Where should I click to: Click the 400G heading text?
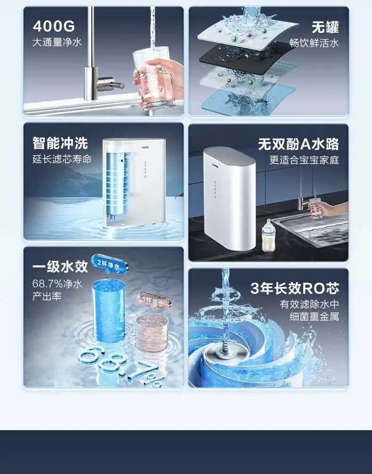click(53, 26)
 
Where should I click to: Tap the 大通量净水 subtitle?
click(57, 42)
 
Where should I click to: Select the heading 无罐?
click(325, 27)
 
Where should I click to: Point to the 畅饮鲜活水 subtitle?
click(314, 43)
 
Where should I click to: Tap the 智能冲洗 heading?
click(60, 143)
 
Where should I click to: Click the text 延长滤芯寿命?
click(62, 159)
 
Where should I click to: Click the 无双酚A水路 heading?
click(298, 144)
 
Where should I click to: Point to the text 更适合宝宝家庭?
click(304, 160)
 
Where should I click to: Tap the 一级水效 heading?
click(60, 266)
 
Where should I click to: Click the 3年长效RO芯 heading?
click(294, 288)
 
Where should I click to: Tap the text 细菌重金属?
click(314, 317)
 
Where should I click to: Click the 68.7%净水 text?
click(57, 284)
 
